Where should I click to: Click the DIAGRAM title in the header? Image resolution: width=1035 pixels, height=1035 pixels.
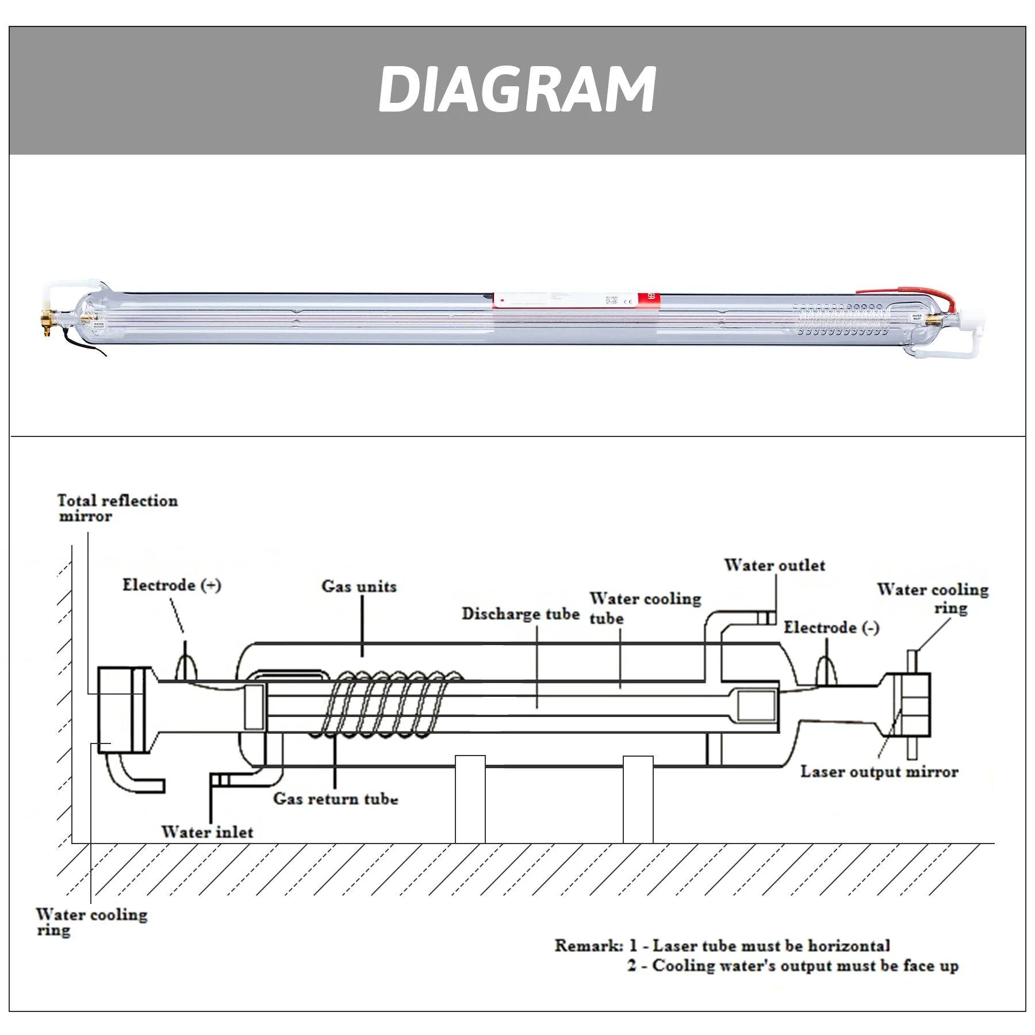pyautogui.click(x=516, y=89)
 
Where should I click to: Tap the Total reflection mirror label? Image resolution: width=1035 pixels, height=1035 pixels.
pyautogui.click(x=117, y=508)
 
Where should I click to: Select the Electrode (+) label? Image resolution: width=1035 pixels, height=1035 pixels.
pyautogui.click(x=171, y=585)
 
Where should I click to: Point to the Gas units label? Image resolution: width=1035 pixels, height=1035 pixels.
pyautogui.click(x=359, y=586)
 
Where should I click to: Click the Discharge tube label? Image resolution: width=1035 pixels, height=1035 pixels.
pyautogui.click(x=520, y=614)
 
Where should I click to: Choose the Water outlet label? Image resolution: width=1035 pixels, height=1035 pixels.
pyautogui.click(x=774, y=565)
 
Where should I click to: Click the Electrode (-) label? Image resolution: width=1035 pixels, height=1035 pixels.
pyautogui.click(x=831, y=627)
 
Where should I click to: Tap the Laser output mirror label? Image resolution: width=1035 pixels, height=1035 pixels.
pyautogui.click(x=879, y=772)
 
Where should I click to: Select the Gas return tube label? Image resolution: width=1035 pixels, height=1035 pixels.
pyautogui.click(x=335, y=799)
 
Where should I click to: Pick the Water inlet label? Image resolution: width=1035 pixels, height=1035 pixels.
pyautogui.click(x=207, y=832)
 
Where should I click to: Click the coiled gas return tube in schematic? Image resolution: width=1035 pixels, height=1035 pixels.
pyautogui.click(x=391, y=704)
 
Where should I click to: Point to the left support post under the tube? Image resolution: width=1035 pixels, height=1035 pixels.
pyautogui.click(x=470, y=799)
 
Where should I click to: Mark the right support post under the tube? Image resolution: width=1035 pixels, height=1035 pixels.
pyautogui.click(x=638, y=799)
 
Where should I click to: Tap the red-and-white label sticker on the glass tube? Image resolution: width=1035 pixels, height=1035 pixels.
pyautogui.click(x=575, y=300)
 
